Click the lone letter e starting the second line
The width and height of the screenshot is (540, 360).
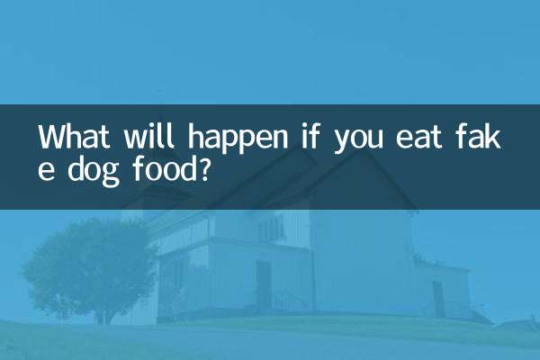pos(45,169)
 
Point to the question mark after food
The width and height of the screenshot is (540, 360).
pos(204,167)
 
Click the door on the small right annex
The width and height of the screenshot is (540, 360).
pos(438,298)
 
